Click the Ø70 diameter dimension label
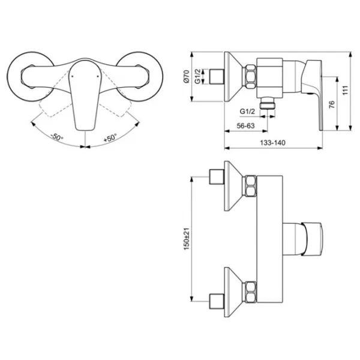[186, 76]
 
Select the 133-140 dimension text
[272, 143]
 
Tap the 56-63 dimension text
[245, 126]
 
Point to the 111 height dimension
[345, 90]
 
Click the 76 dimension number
[332, 104]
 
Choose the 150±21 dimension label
[186, 239]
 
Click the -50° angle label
[57, 137]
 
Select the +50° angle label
[110, 137]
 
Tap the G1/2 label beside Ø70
[197, 76]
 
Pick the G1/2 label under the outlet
[247, 112]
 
